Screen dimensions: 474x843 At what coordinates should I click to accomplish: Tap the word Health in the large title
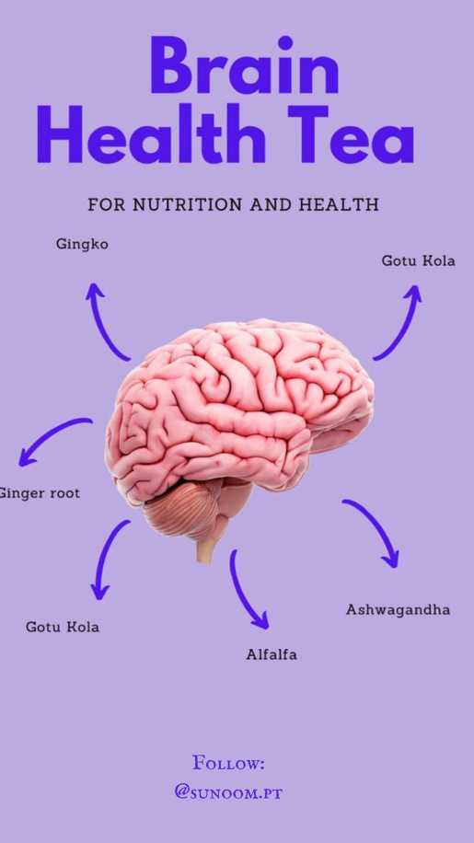tap(151, 133)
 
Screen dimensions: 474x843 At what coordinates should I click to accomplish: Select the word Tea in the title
tap(351, 133)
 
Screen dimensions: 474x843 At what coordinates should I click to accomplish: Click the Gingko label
tap(82, 245)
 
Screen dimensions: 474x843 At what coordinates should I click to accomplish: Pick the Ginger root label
tap(40, 493)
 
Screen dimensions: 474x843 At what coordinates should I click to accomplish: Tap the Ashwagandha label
tap(398, 610)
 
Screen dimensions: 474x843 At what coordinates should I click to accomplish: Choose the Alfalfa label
tap(272, 654)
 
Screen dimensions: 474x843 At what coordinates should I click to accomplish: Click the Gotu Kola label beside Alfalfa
tap(63, 627)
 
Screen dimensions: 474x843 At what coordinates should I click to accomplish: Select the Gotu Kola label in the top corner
tap(418, 260)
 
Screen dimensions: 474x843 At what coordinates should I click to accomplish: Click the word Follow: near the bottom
tap(228, 763)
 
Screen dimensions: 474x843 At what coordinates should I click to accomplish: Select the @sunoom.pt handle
tap(228, 792)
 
